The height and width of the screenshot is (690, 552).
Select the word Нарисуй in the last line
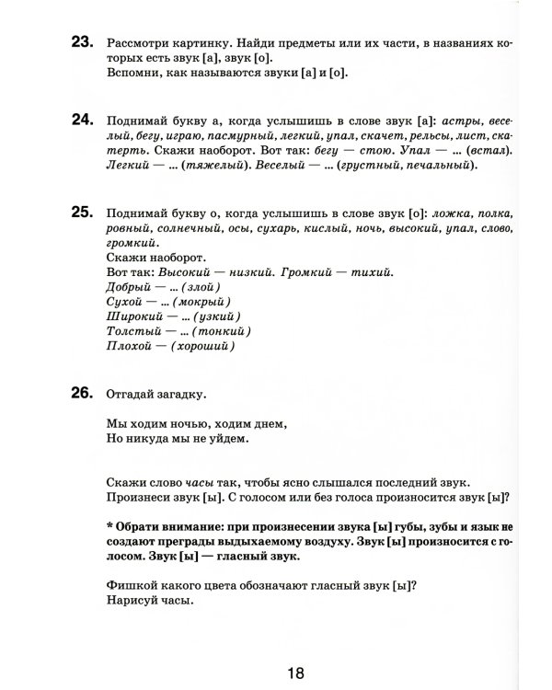[134, 603]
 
